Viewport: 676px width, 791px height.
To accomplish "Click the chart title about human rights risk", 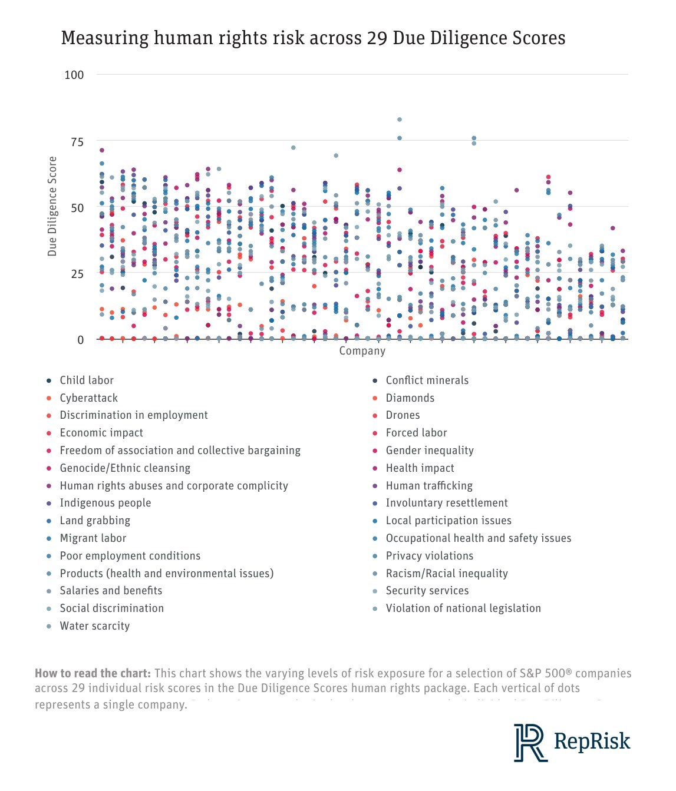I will (313, 38).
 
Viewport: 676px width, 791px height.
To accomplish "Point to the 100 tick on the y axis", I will (74, 75).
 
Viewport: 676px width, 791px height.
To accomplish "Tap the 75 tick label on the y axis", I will (77, 142).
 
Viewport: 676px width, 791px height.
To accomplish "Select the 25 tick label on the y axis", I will (77, 274).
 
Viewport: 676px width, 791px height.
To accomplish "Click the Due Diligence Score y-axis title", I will (52, 206).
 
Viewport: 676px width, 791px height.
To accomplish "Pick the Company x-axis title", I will (362, 351).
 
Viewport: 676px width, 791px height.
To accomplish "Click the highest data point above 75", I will (400, 120).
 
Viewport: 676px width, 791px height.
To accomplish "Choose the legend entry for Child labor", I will (87, 380).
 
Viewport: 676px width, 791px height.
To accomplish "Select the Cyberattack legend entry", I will (88, 398).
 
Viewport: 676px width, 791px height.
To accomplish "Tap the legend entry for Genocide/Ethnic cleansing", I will (125, 468).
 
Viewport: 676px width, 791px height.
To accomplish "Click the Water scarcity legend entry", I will (94, 626).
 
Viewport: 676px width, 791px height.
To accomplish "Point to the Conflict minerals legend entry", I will (427, 380).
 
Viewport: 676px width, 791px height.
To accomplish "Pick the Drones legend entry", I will (403, 415).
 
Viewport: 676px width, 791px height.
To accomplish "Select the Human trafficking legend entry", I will (429, 486).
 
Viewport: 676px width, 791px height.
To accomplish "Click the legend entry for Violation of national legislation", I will (463, 608).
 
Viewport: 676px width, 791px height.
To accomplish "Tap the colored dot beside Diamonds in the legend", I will (375, 398).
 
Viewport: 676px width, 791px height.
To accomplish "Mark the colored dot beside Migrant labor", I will (49, 538).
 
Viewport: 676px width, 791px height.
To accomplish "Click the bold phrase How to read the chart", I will (93, 673).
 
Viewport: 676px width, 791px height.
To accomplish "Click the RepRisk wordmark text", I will (592, 741).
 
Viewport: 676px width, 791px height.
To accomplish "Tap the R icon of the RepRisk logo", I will (529, 742).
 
